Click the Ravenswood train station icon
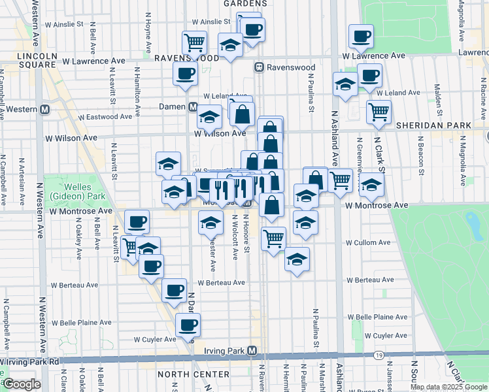tap(259, 67)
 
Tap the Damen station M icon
tap(193, 106)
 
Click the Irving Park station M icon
tap(252, 351)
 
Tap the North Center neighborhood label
tap(193, 374)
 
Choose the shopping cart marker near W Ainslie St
tap(194, 43)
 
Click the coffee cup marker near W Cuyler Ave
tap(188, 324)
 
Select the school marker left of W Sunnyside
tap(168, 163)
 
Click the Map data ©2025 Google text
tap(448, 387)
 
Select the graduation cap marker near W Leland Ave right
tap(345, 84)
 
